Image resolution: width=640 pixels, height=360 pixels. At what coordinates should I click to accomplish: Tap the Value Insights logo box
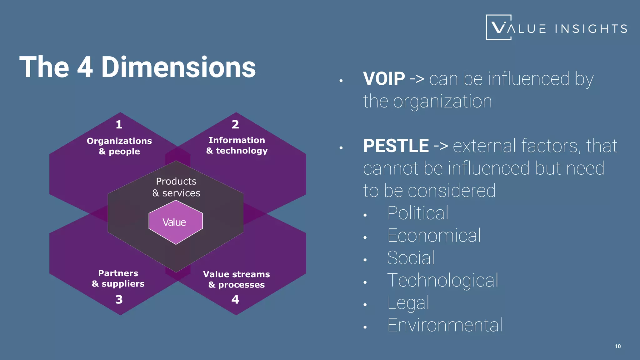point(499,27)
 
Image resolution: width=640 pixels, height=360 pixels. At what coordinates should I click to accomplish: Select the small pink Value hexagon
point(175,222)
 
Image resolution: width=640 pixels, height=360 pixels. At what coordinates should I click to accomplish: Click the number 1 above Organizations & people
point(119,124)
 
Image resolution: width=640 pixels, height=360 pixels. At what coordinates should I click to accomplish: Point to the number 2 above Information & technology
point(235,124)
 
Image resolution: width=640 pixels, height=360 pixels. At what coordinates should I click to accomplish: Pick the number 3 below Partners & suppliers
point(119,299)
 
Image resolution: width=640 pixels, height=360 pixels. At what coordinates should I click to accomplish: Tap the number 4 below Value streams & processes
point(235,299)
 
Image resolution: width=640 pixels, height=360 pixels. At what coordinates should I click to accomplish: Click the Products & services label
point(176,187)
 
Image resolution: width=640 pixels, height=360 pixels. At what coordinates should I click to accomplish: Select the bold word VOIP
point(384,78)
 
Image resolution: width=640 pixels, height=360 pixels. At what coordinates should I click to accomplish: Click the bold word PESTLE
point(396,146)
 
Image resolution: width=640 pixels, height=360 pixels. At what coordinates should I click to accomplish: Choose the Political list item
point(418,213)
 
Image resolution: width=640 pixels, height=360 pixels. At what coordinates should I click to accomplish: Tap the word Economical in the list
point(434,235)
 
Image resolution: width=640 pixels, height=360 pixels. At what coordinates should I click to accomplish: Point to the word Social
point(411,258)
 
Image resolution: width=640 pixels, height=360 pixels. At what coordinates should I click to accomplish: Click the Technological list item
point(442,280)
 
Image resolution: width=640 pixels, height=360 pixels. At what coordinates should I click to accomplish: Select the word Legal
point(408,303)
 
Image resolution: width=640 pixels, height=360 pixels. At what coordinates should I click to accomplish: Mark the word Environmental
point(445,325)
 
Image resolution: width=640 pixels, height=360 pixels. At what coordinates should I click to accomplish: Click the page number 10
point(618,346)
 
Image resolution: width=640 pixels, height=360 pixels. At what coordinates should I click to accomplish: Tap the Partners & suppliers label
point(118,278)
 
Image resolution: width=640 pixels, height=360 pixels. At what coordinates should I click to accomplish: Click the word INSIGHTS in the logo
point(591,29)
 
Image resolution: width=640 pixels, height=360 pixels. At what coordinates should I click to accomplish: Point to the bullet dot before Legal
point(365,305)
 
